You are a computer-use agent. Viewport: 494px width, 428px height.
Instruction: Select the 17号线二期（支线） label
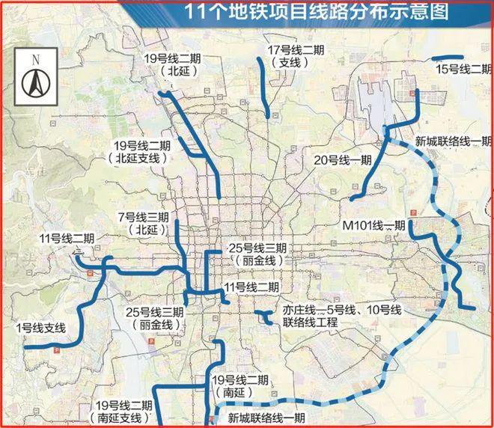click(296, 57)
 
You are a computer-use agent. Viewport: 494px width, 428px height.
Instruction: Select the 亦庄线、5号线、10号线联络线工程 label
click(329, 316)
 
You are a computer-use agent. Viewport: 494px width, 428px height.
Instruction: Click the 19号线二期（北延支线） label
click(139, 151)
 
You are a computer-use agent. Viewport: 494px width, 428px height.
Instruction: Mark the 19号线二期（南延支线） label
click(124, 411)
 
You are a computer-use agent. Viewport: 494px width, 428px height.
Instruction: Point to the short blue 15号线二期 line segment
click(448, 57)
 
